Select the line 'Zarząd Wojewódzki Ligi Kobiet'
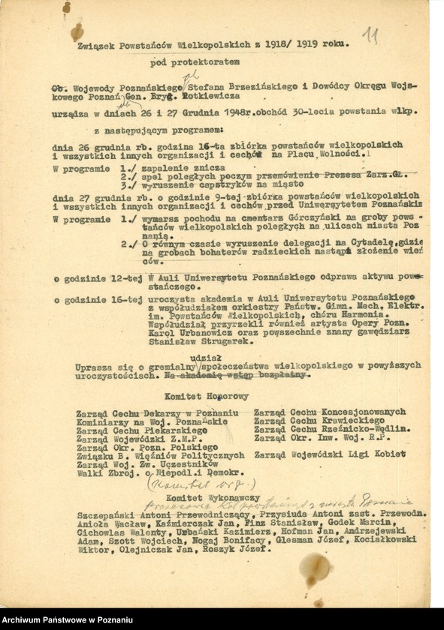(x=330, y=454)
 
